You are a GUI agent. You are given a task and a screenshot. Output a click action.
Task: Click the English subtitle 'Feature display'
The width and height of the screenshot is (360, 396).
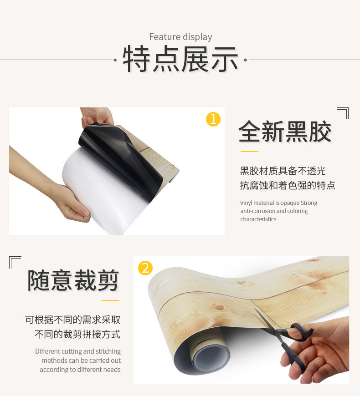coord(180,37)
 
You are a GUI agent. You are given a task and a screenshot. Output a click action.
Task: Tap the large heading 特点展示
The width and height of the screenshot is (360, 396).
coord(180,59)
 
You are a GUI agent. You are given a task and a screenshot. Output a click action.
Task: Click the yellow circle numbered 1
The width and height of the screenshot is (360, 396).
coord(213,119)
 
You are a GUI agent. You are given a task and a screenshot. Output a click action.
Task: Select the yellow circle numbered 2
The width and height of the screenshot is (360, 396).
coord(145,268)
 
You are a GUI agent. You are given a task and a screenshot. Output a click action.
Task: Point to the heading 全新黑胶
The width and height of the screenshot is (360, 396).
coord(285,132)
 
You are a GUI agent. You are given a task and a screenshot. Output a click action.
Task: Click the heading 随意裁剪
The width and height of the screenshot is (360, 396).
coord(73,280)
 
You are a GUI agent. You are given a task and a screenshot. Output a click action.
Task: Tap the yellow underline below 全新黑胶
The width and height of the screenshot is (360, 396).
coord(249,152)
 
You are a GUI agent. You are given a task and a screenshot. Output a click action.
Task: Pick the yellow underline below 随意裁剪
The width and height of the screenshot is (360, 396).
coord(110,300)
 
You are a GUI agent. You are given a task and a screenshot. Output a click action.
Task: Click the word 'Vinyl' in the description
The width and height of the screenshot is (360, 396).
coord(246,203)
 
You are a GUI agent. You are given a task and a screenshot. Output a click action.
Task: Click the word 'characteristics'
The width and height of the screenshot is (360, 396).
coord(258,219)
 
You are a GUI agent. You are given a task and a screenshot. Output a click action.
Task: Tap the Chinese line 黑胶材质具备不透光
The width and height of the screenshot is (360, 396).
coord(283,171)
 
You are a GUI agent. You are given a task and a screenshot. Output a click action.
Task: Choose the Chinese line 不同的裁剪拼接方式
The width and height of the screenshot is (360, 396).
coord(77,334)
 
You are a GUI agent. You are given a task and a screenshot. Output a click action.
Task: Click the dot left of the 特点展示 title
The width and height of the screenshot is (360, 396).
coord(115,60)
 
